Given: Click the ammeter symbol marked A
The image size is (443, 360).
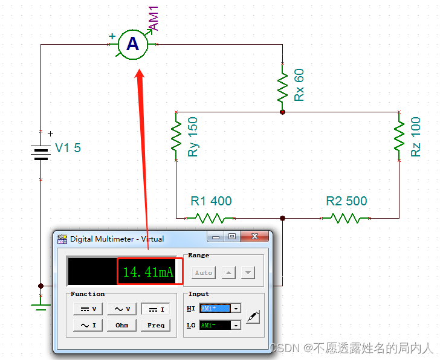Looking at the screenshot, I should (132, 44).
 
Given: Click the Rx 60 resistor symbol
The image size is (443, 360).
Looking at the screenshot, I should (282, 88).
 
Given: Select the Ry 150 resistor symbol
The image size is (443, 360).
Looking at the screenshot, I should (176, 137).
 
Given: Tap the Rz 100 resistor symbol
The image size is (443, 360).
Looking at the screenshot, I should (399, 137).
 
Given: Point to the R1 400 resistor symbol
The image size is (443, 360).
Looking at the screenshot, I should (211, 217).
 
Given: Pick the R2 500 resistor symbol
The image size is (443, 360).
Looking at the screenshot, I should (346, 217).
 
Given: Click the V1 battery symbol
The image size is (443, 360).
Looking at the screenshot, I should (40, 153).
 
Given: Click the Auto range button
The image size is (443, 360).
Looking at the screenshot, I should (204, 272).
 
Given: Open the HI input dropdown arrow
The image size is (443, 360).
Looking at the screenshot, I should (236, 309).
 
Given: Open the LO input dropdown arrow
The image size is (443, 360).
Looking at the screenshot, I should (236, 326).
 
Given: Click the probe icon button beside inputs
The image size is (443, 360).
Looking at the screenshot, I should (253, 316).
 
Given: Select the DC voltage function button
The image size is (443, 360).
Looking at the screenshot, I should (88, 309).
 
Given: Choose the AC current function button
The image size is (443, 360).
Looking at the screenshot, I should (88, 326).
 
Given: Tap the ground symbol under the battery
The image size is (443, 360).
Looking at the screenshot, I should (40, 307).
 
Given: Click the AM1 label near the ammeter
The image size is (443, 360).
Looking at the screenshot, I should (154, 18).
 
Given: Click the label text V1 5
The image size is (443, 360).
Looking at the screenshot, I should (68, 148).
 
